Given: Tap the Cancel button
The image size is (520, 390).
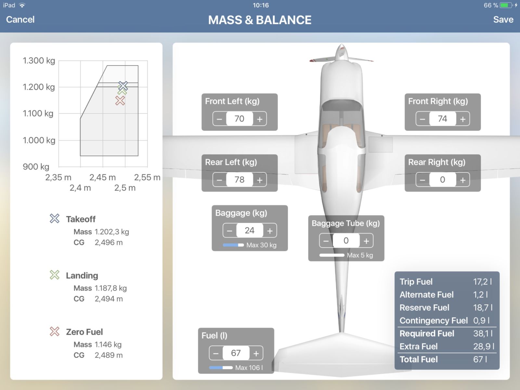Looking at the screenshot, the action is click(x=20, y=19).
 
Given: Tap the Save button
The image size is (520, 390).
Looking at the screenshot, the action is click(x=503, y=19).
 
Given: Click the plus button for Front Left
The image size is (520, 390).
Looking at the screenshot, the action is click(x=260, y=119).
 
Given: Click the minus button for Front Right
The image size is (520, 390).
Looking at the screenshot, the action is click(x=422, y=119).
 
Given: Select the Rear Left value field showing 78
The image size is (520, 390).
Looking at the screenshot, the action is click(x=239, y=179).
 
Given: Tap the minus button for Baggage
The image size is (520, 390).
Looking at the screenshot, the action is click(x=229, y=230).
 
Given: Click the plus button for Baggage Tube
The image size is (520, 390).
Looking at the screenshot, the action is click(x=366, y=241).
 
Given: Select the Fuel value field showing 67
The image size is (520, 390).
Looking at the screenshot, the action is click(x=236, y=353).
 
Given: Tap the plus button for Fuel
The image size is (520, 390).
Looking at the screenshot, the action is click(x=256, y=353).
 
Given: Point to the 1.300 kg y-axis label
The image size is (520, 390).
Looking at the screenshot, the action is click(x=39, y=61).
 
